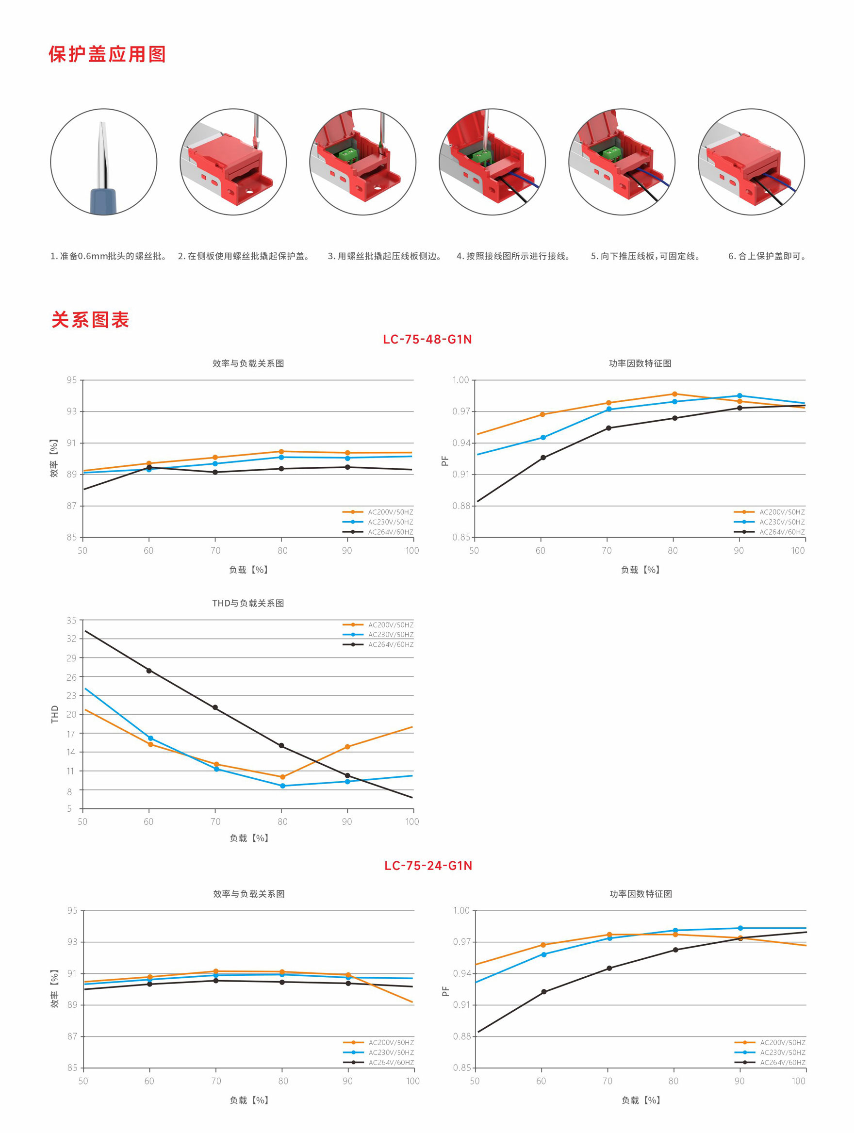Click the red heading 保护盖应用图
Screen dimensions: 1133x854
(x=107, y=54)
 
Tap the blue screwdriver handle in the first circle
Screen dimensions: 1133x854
(x=103, y=201)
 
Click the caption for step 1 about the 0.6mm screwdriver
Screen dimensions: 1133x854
(x=108, y=256)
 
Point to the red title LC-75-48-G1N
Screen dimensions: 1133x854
(x=427, y=340)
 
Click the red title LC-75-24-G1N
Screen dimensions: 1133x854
(x=428, y=866)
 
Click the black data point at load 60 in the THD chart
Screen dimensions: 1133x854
(x=149, y=671)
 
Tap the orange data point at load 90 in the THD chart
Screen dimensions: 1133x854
(x=347, y=747)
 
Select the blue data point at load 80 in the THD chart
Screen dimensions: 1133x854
(x=282, y=786)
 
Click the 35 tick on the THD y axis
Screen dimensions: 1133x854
(x=71, y=620)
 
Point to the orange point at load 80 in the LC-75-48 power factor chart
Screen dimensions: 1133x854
(x=674, y=394)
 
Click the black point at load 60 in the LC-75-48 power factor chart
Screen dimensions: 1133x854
(x=543, y=458)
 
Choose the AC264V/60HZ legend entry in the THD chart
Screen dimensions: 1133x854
(x=391, y=644)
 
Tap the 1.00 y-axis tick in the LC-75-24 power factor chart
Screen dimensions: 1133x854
(x=461, y=910)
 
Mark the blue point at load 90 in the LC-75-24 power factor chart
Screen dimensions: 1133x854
(x=740, y=928)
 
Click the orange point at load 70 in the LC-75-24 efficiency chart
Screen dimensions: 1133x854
(x=215, y=971)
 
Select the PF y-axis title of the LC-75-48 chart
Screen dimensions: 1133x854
(x=444, y=461)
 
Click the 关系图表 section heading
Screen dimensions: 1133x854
(x=90, y=320)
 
